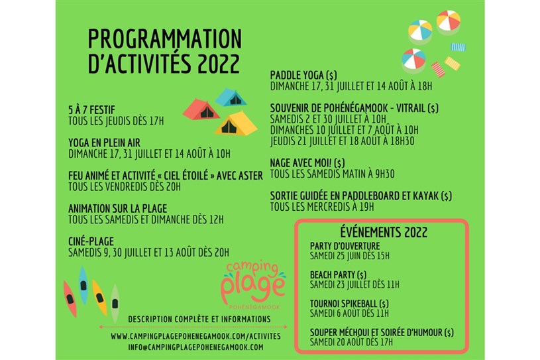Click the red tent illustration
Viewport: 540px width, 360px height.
pos(201,109)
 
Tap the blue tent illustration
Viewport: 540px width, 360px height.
pos(231,97)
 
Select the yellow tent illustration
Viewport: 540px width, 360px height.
pos(236,123)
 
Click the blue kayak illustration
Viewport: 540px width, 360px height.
pos(83,286)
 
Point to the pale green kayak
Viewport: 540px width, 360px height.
pos(115,304)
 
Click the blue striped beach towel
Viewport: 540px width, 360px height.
pos(458,47)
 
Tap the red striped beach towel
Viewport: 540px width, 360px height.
pos(438,69)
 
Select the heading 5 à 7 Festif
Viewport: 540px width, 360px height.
pos(91,110)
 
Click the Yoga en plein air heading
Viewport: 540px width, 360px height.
pos(104,143)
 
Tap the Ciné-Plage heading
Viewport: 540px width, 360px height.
pos(91,241)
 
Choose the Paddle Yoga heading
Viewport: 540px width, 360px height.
pos(303,75)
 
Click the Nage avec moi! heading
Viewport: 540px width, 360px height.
pos(307,162)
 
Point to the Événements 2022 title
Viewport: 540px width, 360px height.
pos(384,232)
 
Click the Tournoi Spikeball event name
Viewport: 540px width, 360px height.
pos(349,304)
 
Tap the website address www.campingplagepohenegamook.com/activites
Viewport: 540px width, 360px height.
pos(195,336)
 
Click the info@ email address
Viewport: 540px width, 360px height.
pos(195,347)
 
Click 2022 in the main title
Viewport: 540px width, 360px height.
pos(219,63)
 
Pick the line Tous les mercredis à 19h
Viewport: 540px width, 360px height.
pos(321,207)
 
